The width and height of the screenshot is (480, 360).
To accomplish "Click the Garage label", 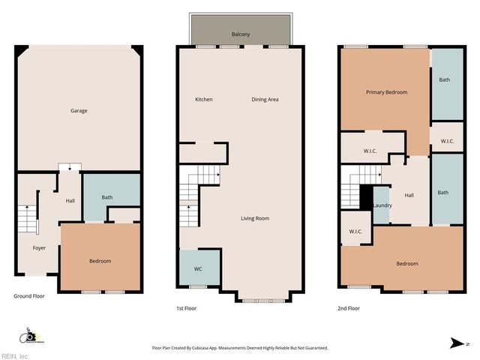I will pyautogui.click(x=79, y=111).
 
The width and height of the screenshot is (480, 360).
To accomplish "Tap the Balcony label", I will pyautogui.click(x=241, y=34).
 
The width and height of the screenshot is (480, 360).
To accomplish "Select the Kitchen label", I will pyautogui.click(x=204, y=100).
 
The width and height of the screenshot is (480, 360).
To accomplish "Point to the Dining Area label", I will pyautogui.click(x=265, y=100).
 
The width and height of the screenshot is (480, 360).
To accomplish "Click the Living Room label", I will pyautogui.click(x=255, y=218).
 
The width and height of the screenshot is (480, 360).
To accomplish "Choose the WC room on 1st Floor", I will pyautogui.click(x=198, y=268).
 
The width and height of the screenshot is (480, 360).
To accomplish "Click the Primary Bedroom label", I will pyautogui.click(x=386, y=92).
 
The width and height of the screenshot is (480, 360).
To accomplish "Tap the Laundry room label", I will pyautogui.click(x=382, y=205).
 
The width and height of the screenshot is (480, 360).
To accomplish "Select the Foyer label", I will pyautogui.click(x=39, y=247).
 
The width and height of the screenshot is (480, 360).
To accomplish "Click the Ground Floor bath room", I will pyautogui.click(x=107, y=198).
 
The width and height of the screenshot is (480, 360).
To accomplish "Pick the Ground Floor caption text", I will pyautogui.click(x=29, y=296).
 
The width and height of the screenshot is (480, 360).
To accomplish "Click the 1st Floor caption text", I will pyautogui.click(x=186, y=307).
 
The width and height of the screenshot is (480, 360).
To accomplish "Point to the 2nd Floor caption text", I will pyautogui.click(x=349, y=307).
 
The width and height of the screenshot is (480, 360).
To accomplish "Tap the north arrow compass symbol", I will pyautogui.click(x=458, y=343).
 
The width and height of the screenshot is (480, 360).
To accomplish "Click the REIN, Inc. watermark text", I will pyautogui.click(x=15, y=355).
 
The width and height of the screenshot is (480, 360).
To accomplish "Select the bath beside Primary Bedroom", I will pyautogui.click(x=444, y=80).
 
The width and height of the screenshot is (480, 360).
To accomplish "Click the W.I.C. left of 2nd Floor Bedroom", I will pyautogui.click(x=355, y=231).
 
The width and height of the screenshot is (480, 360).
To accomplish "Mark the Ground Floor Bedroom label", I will pyautogui.click(x=100, y=261).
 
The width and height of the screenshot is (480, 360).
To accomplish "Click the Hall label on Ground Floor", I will pyautogui.click(x=70, y=200).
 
